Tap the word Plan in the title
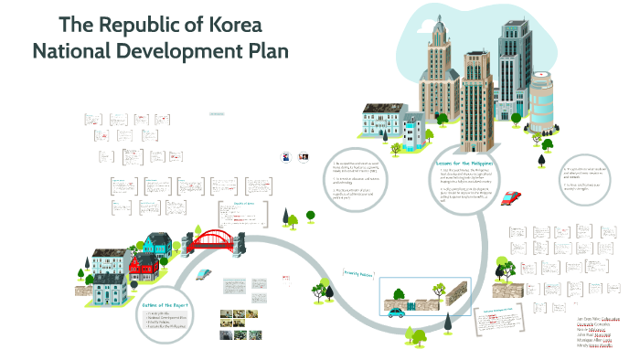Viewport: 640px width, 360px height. [265, 51]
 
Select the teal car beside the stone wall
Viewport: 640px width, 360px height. [397, 312]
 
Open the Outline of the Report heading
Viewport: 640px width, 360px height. [165, 305]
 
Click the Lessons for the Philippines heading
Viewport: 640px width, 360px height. [465, 163]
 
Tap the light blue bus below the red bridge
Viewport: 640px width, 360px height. [207, 272]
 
